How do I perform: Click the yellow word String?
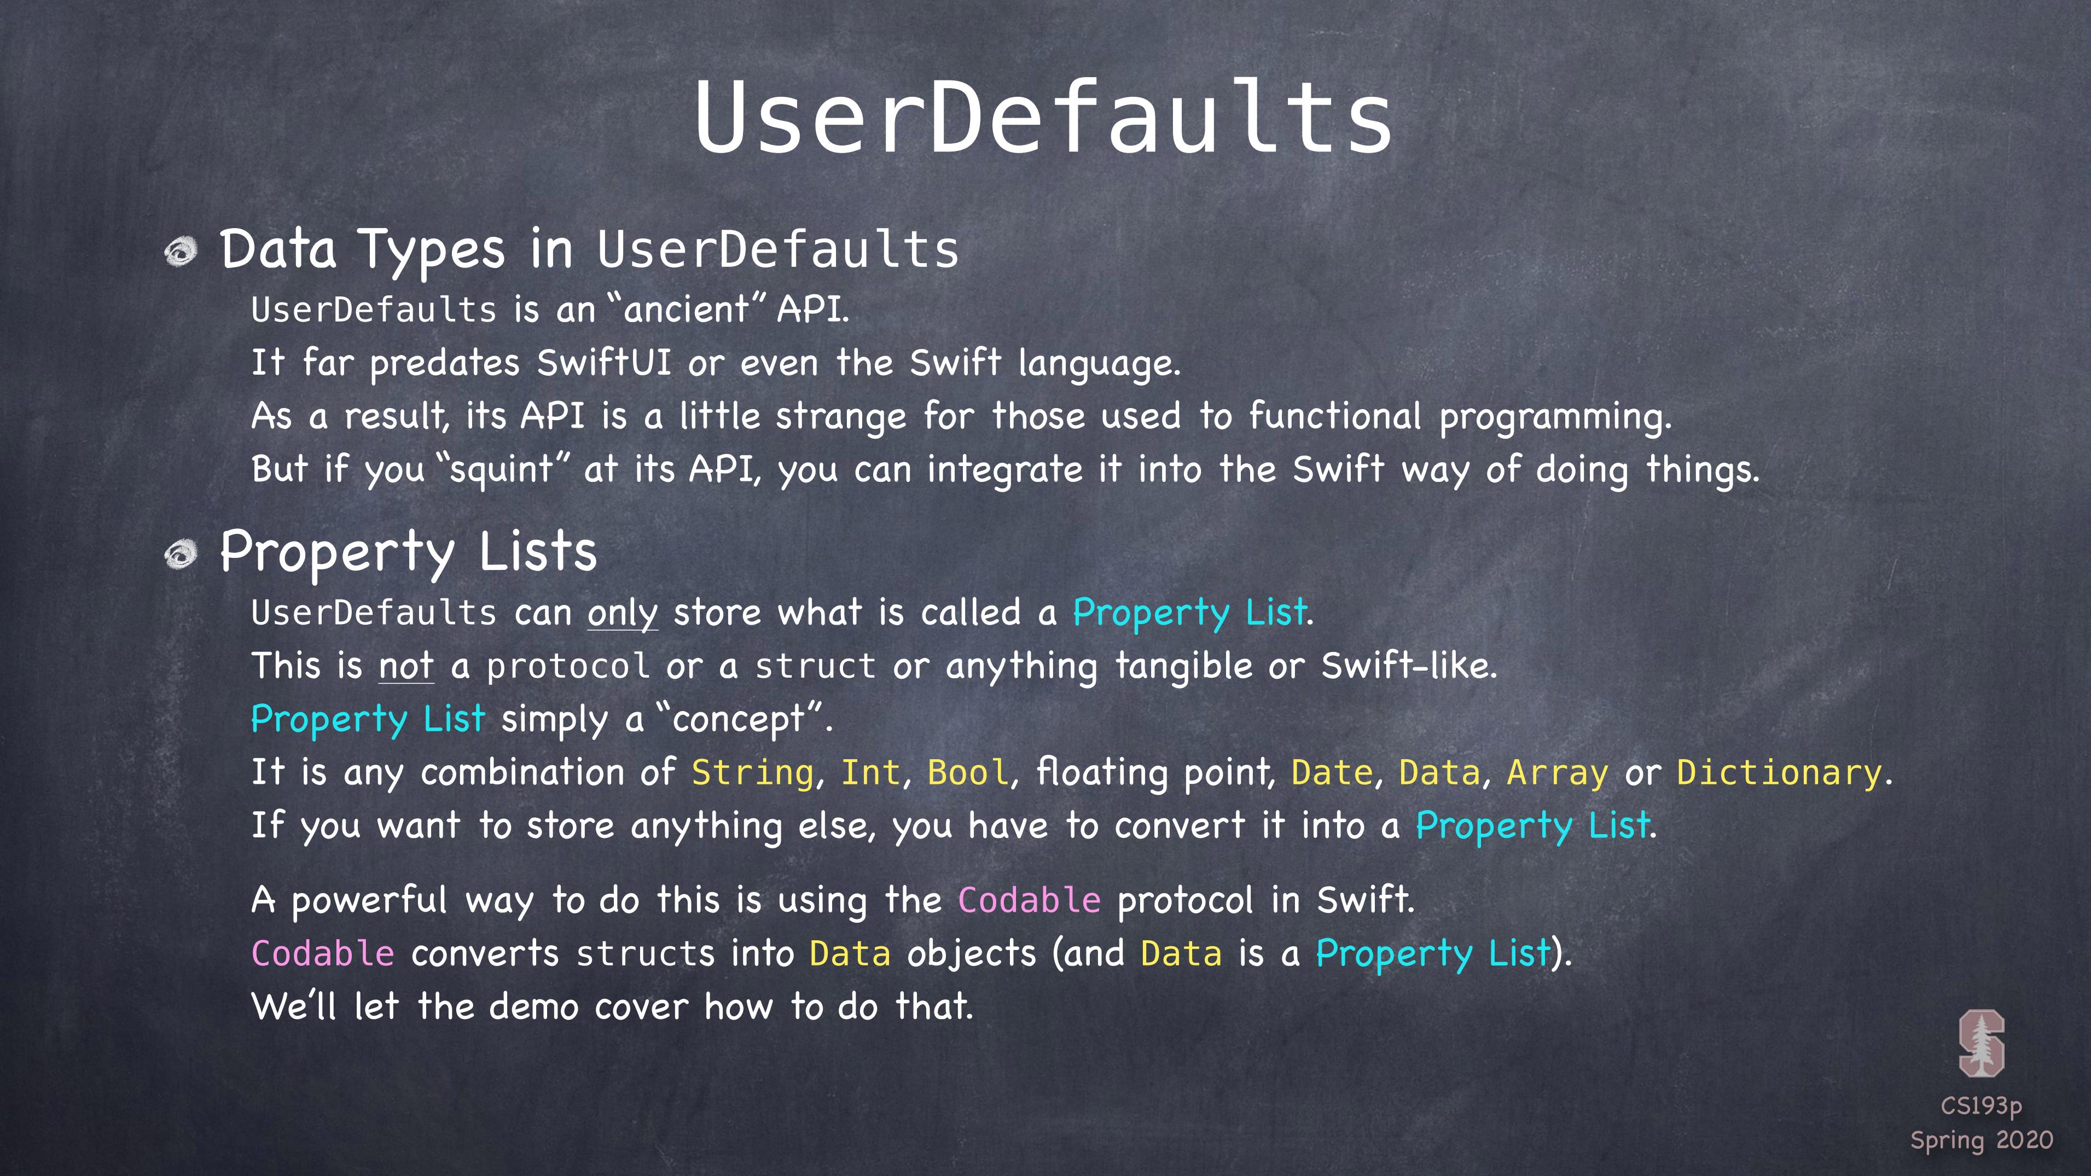click(752, 773)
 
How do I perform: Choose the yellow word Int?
click(871, 773)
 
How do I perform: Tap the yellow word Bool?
click(968, 773)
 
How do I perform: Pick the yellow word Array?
click(1557, 773)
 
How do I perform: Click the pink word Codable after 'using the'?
click(1029, 901)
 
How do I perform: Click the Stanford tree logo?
click(1982, 1043)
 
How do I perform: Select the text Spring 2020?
click(1982, 1141)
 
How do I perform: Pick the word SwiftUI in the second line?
click(604, 363)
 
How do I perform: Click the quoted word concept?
click(738, 720)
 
